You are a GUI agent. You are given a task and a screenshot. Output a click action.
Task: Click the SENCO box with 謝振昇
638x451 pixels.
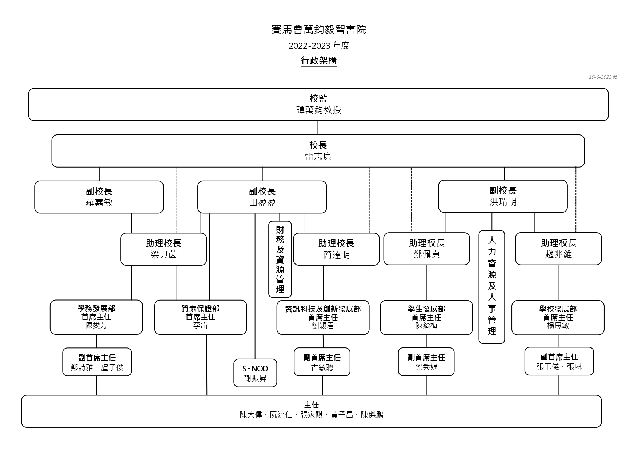[x=255, y=373]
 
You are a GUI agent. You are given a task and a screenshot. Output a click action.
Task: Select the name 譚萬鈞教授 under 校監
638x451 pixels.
[x=318, y=110]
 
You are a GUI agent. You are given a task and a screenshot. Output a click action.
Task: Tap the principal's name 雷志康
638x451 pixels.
[x=318, y=157]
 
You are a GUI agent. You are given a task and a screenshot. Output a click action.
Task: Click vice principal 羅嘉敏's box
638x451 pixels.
[x=99, y=197]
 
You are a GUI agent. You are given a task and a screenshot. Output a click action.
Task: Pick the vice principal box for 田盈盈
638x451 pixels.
[x=262, y=197]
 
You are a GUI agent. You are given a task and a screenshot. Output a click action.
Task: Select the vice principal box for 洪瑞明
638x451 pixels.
[x=503, y=196]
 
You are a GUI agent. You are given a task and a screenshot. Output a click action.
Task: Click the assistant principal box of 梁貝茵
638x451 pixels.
[x=164, y=249]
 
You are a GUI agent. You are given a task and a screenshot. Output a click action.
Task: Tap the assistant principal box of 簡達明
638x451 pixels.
[x=336, y=249]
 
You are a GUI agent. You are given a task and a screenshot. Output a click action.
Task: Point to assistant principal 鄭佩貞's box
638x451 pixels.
[x=426, y=249]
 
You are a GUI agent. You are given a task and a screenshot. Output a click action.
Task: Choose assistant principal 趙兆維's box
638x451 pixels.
[x=558, y=249]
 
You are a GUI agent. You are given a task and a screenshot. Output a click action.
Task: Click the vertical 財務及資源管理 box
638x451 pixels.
[x=280, y=259]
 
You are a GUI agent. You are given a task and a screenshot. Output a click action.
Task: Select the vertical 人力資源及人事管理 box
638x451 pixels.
[x=492, y=287]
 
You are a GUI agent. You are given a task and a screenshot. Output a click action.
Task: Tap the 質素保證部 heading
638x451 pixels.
[x=200, y=309]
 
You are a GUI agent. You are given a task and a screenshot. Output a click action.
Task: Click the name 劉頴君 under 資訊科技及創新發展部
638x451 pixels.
[x=323, y=326]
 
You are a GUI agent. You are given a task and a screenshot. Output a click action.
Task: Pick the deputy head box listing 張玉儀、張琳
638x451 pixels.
[x=559, y=362]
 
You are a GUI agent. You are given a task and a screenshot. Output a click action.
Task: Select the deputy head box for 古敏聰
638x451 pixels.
[x=322, y=362]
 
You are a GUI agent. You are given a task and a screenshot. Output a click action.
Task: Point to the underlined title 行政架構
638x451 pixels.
[x=319, y=61]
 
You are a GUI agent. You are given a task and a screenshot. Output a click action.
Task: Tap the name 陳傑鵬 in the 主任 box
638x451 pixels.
[x=372, y=415]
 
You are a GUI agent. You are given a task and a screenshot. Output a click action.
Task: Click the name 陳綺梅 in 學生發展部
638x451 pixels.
[x=426, y=326]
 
